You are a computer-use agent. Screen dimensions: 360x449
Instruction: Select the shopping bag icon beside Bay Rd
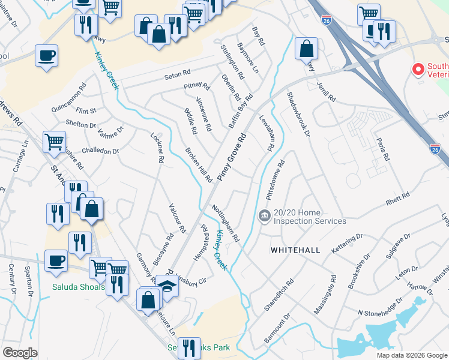click(306, 49)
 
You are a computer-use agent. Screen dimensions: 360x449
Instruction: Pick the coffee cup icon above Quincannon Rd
click(46, 56)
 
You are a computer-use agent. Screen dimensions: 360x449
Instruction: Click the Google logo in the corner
click(20, 352)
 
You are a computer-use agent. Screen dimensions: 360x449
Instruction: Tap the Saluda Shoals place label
click(80, 287)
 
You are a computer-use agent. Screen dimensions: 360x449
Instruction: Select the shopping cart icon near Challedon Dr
click(54, 142)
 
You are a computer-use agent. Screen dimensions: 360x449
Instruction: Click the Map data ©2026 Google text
click(411, 355)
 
